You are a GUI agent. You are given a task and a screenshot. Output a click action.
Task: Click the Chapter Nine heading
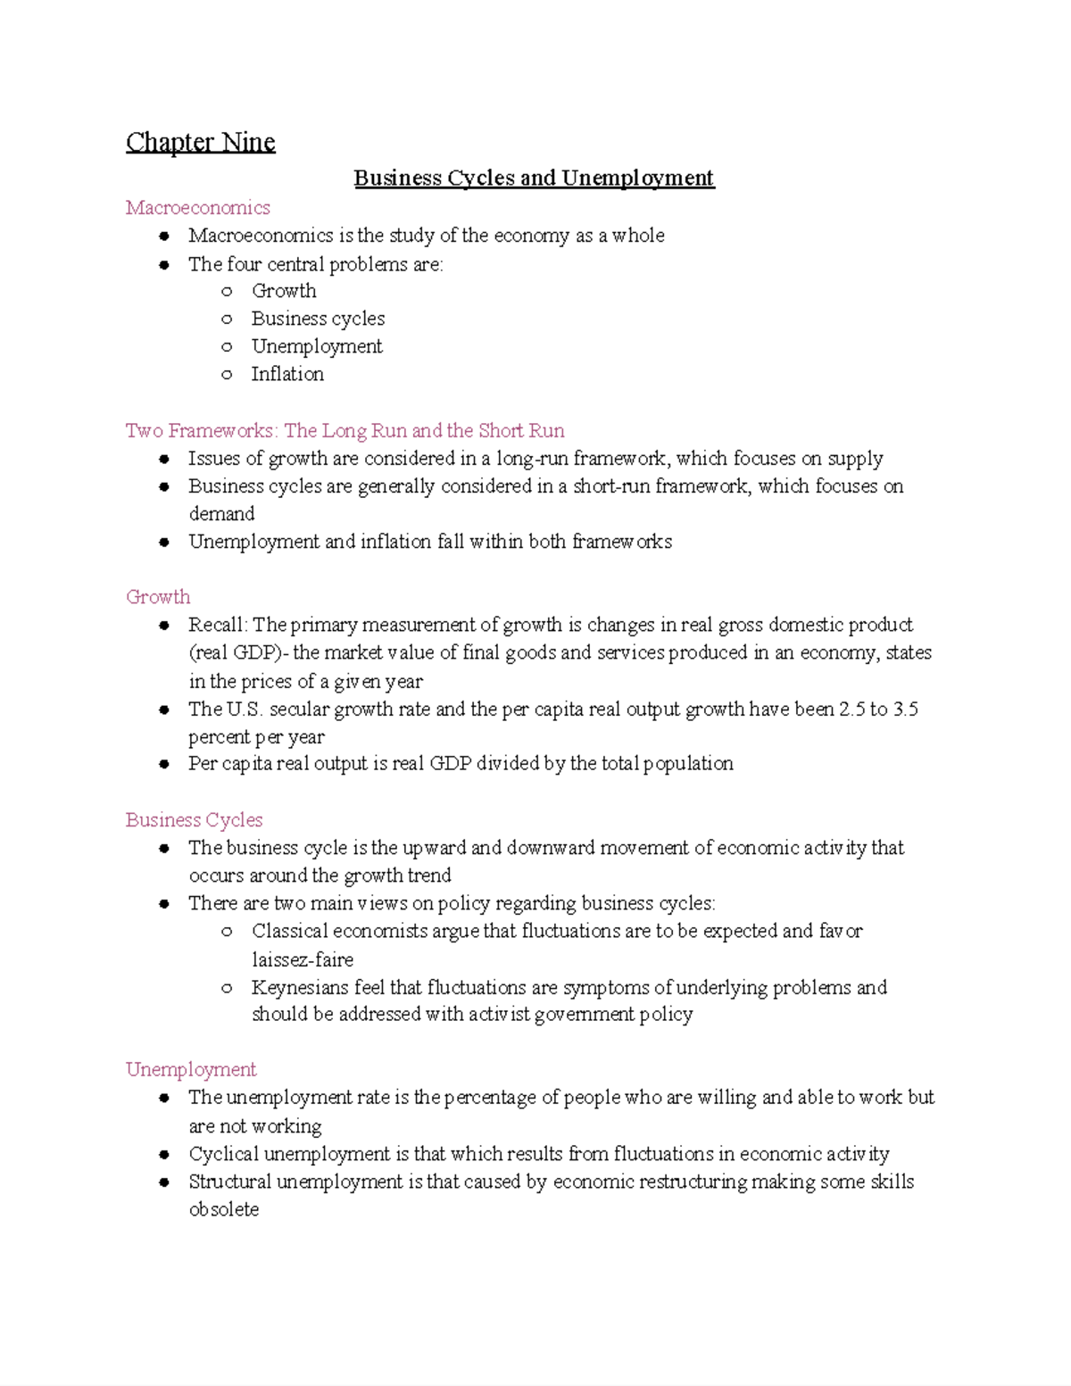coord(200,142)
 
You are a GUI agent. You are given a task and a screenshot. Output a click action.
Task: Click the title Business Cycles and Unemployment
coord(534,178)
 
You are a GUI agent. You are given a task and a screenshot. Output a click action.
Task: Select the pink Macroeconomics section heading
coord(197,207)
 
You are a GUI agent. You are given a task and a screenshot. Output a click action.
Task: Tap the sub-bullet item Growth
coord(283,291)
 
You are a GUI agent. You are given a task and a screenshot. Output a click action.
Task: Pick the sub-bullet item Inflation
coord(286,374)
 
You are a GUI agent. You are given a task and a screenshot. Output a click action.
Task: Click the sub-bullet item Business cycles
coord(318,319)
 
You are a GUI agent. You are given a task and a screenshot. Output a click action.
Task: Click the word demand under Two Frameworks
coord(221,514)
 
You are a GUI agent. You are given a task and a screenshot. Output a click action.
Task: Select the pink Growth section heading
coord(158,597)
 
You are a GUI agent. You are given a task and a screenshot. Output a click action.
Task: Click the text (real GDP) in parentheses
coord(238,652)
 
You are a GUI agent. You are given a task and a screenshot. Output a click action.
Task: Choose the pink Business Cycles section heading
coord(194,819)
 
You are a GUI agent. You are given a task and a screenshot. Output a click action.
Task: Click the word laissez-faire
coord(303,959)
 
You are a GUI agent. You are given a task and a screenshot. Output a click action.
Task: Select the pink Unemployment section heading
coord(191,1069)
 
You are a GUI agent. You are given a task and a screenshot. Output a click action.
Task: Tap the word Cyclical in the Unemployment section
coord(223,1154)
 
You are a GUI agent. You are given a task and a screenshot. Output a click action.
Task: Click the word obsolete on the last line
coord(223,1209)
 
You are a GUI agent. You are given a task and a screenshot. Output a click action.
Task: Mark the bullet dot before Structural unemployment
coord(164,1182)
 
